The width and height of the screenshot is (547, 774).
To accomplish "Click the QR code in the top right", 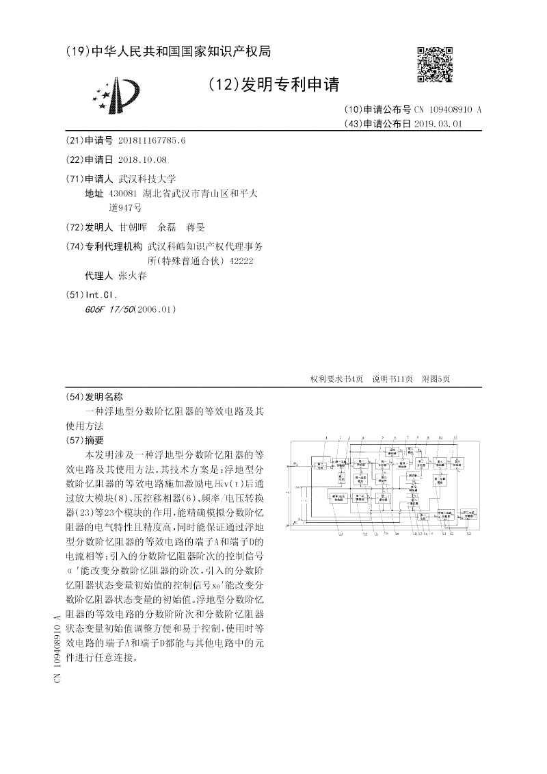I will click(435, 65).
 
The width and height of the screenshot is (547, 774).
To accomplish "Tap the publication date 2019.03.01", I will click(439, 124).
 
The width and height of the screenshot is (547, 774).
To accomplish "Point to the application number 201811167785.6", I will click(152, 140).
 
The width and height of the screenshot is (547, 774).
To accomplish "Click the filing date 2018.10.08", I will click(142, 159).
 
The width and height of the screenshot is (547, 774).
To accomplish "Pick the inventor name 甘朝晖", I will click(133, 227).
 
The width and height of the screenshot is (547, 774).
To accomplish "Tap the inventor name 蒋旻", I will click(196, 227).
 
